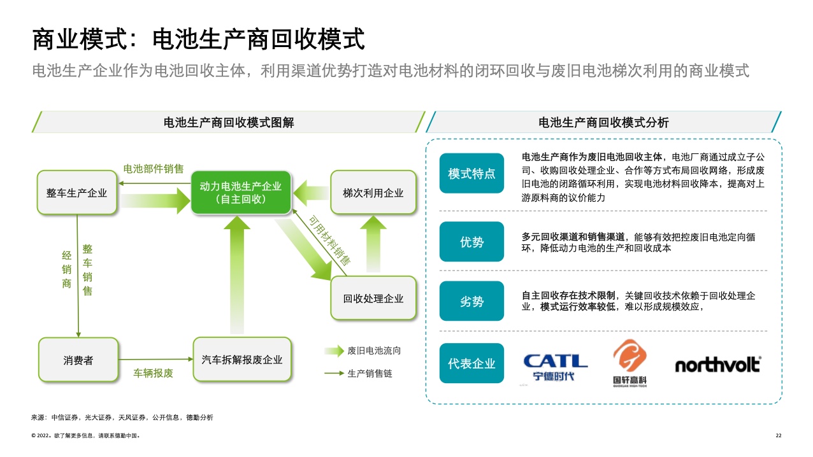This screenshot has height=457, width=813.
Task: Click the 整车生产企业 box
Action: pos(77,193)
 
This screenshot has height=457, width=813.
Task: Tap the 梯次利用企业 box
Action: pos(373,193)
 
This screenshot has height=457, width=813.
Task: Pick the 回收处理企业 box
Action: pos(373,298)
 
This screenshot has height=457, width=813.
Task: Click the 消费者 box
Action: pos(78,360)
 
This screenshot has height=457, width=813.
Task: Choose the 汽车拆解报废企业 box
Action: pos(241,360)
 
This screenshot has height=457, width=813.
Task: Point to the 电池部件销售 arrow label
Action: pos(153,169)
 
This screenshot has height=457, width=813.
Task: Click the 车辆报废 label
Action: pos(153,373)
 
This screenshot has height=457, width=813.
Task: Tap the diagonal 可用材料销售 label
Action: pos(329,240)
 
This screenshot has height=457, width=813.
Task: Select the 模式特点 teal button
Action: pos(471,174)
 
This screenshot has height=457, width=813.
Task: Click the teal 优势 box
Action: pos(471,242)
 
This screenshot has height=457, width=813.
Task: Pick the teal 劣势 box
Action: pos(471,302)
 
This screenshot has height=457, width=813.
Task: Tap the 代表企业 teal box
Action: pos(471,363)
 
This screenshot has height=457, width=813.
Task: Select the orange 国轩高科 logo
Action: pos(629,363)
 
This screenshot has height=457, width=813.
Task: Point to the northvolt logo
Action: pos(717,365)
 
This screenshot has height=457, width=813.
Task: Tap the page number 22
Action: pos(778,435)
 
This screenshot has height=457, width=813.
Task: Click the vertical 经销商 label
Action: pos(66,269)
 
